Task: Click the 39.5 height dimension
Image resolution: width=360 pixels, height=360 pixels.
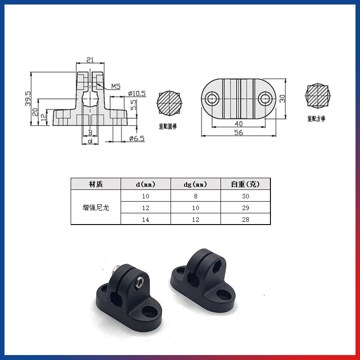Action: pos(28,99)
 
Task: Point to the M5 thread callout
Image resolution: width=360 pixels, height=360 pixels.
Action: pos(115,86)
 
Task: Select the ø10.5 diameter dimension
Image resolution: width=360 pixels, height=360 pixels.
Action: pos(137,93)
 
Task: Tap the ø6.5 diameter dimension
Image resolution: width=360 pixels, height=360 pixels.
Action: pos(137,139)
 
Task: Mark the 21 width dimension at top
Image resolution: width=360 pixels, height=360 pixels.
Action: pos(90,60)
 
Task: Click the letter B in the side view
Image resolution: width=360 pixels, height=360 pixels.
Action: pos(90,133)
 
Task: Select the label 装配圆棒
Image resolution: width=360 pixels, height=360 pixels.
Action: pos(167,126)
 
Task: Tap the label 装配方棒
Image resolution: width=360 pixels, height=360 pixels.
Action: pos(316,119)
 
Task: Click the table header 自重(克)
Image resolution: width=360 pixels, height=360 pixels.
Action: pos(245,184)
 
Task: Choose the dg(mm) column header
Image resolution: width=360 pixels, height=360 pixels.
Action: pos(195,184)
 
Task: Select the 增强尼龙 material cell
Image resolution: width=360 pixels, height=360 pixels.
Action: pos(96,207)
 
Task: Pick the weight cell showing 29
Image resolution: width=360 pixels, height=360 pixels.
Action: pos(245,207)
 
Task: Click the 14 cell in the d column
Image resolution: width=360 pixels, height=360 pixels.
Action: pos(145,219)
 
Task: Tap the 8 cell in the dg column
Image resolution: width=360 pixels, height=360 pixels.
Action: pos(195,196)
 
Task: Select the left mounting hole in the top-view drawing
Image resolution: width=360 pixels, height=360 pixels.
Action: pos(211,99)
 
